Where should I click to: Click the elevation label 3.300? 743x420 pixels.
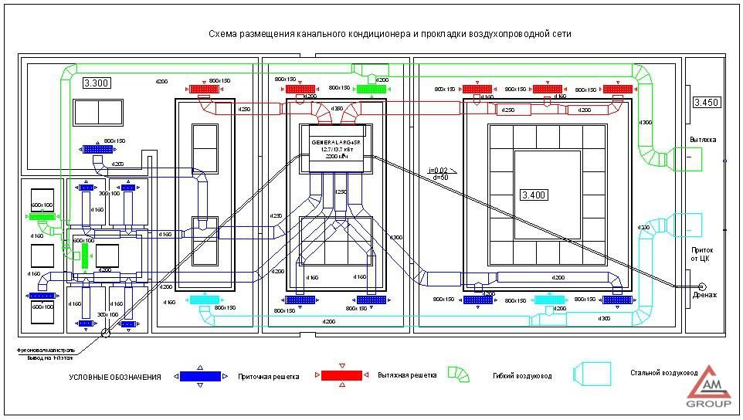pos(97,83)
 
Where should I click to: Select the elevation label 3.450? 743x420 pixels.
pos(707,102)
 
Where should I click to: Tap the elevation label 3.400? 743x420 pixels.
pos(534,195)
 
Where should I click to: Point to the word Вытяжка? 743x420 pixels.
pos(702,140)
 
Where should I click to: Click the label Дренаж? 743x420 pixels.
pos(704,295)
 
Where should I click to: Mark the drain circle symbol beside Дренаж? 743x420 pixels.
pos(702,286)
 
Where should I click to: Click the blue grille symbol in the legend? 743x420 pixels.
pos(200,376)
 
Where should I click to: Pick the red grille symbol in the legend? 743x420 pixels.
pos(341,375)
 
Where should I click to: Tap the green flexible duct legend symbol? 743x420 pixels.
pos(458,374)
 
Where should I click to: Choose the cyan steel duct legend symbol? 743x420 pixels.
pos(592,374)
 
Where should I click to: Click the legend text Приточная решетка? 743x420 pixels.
pos(270,377)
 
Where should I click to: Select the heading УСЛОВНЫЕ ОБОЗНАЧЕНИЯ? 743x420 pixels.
pos(115,377)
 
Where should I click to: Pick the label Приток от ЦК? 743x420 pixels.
pos(702,254)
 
